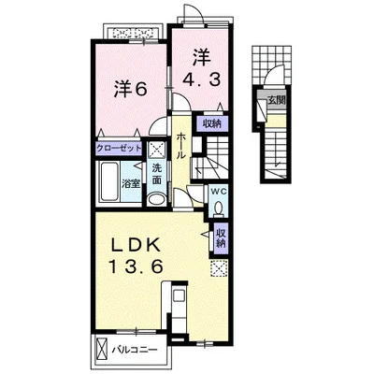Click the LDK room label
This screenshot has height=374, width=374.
point(136,247)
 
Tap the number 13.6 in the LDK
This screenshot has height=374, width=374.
point(136,266)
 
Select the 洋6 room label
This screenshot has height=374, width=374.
point(131,90)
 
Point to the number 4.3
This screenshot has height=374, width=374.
point(201,80)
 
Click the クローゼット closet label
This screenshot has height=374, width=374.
point(119,149)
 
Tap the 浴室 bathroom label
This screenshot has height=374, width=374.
point(131,184)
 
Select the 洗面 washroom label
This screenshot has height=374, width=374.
point(157,174)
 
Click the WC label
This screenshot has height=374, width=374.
point(219,192)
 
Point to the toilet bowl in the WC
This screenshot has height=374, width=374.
point(219,209)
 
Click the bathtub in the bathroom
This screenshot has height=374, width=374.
point(109,181)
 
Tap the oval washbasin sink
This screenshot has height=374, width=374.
point(157,199)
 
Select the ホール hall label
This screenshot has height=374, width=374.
point(181,146)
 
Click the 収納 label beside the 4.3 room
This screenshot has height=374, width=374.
point(212,123)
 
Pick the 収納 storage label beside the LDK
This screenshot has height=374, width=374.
point(221,237)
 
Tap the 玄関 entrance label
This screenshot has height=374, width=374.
point(277,101)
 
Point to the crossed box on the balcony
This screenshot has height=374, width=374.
point(102,350)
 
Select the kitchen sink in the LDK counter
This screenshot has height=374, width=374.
point(179,295)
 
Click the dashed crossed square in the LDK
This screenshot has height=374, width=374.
point(219,268)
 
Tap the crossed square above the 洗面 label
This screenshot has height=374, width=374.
point(156,151)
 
